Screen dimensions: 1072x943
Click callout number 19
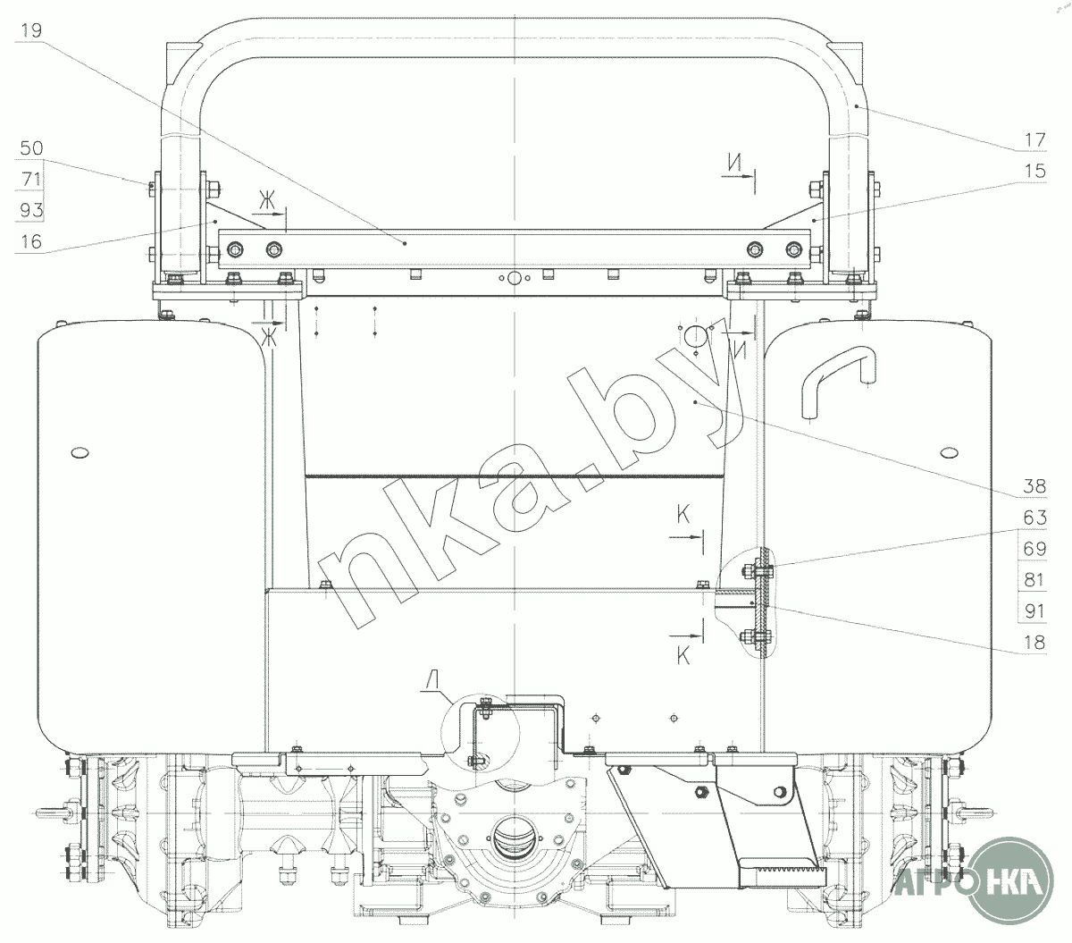[30, 30]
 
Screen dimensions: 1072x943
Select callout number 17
[1035, 140]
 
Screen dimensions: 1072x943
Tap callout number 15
[1035, 171]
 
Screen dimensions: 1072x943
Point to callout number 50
[30, 148]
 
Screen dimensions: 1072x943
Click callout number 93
[30, 210]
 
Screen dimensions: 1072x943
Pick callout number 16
[30, 241]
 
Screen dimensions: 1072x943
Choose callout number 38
[1035, 486]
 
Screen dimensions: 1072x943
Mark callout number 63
[1035, 518]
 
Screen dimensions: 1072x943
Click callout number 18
[1035, 643]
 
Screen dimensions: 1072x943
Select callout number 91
[1035, 611]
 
